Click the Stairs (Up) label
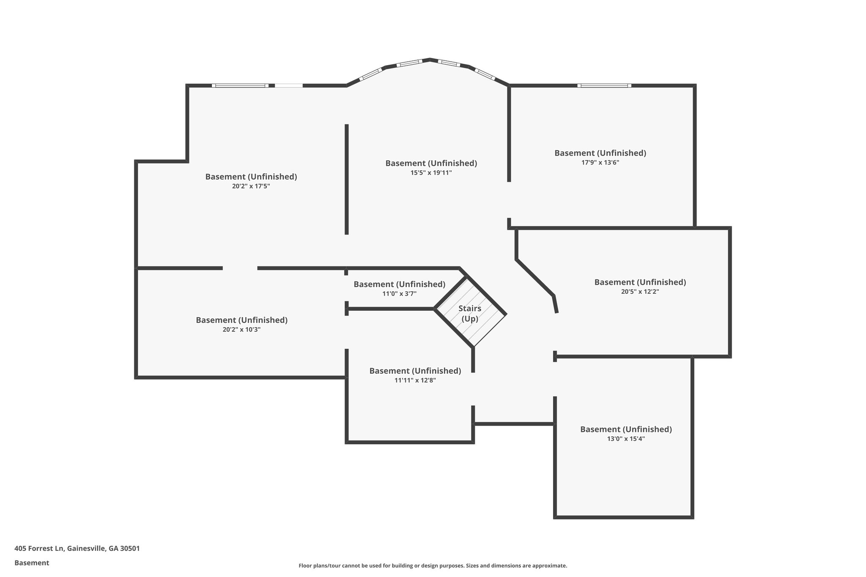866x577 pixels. [470, 314]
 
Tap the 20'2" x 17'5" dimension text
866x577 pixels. [251, 186]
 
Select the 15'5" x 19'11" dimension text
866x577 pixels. [431, 172]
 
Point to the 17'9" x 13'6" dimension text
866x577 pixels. [600, 162]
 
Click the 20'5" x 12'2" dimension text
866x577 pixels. [640, 291]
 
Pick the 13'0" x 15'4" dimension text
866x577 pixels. [626, 438]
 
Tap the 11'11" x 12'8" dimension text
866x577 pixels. [415, 380]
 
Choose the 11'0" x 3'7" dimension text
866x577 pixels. [399, 293]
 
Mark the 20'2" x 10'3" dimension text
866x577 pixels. [241, 329]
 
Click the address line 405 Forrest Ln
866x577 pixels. [77, 548]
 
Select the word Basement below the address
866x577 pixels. [32, 563]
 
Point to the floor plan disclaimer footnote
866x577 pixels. [433, 566]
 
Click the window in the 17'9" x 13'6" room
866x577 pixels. [604, 85]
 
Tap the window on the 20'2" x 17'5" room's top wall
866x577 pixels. [240, 85]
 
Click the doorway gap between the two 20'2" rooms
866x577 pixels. [240, 268]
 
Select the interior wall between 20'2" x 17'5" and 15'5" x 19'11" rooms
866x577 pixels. [347, 179]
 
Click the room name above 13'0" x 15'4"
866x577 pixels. [626, 429]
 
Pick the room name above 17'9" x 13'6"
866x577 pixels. [600, 153]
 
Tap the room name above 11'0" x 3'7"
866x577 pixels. [399, 284]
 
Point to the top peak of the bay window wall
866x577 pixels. [430, 60]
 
